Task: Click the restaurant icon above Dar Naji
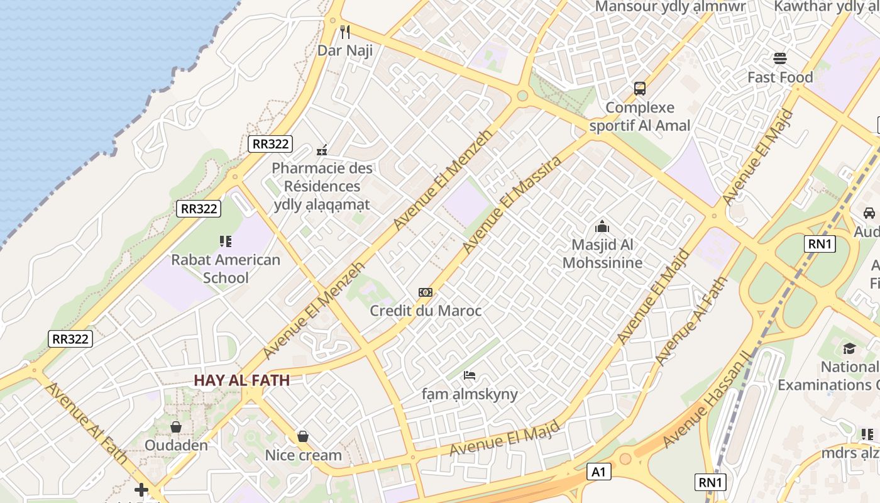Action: pos(344,32)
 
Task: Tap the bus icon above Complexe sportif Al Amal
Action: pos(640,89)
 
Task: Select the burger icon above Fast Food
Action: pos(780,58)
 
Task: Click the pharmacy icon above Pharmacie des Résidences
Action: pos(322,150)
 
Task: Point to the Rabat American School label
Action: pos(226,268)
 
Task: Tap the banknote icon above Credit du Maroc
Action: pos(426,292)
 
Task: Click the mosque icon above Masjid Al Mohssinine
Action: pos(602,226)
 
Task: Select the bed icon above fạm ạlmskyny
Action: pos(470,376)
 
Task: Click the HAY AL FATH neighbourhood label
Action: pos(242,380)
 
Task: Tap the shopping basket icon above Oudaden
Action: pos(176,427)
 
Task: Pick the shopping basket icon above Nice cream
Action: pos(303,436)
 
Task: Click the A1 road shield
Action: pos(600,472)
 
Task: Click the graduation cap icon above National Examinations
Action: pos(849,348)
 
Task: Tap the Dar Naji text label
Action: pos(345,50)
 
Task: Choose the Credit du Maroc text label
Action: pos(426,311)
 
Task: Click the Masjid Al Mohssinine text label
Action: pos(602,253)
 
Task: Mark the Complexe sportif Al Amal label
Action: pos(640,116)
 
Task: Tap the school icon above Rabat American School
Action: pos(226,241)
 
